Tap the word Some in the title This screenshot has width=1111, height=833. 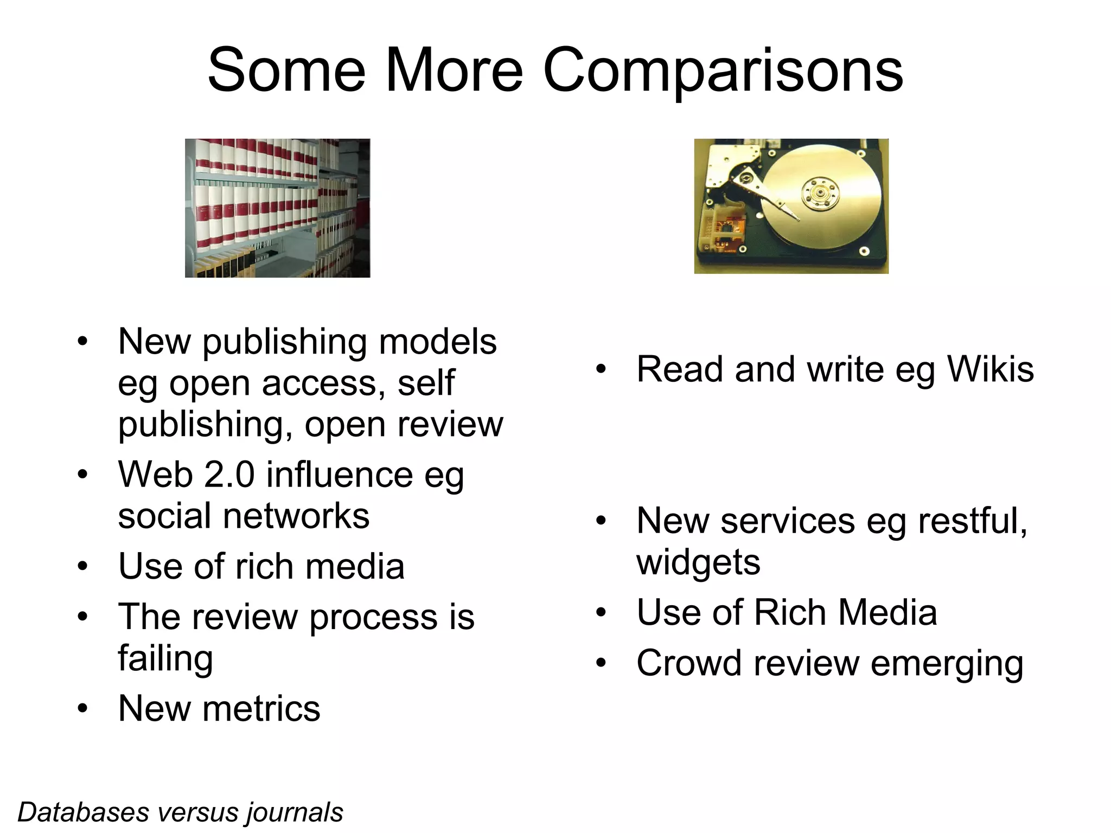[286, 71]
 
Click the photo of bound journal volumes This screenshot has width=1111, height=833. [277, 208]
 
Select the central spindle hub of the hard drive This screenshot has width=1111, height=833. [820, 193]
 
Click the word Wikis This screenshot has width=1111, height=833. [990, 369]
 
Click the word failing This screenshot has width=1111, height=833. [165, 659]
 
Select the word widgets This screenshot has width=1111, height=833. [698, 562]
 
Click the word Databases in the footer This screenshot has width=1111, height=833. [83, 812]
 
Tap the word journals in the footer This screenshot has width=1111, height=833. [295, 812]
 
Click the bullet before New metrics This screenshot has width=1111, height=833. [82, 708]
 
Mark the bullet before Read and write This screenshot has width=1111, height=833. [601, 369]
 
